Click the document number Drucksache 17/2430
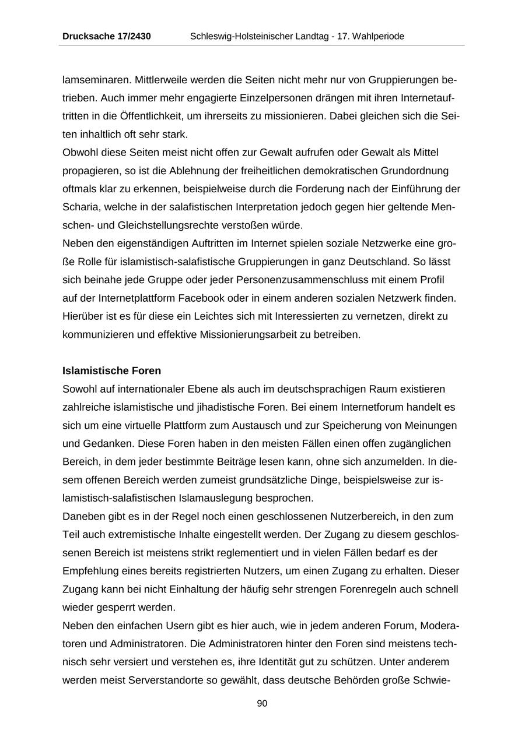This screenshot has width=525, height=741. click(107, 36)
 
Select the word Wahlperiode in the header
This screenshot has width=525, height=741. click(377, 36)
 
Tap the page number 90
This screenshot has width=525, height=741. click(262, 704)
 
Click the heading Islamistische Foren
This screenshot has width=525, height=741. click(111, 371)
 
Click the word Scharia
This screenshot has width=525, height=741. click(78, 207)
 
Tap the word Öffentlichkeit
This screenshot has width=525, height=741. click(138, 116)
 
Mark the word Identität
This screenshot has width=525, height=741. click(282, 662)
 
